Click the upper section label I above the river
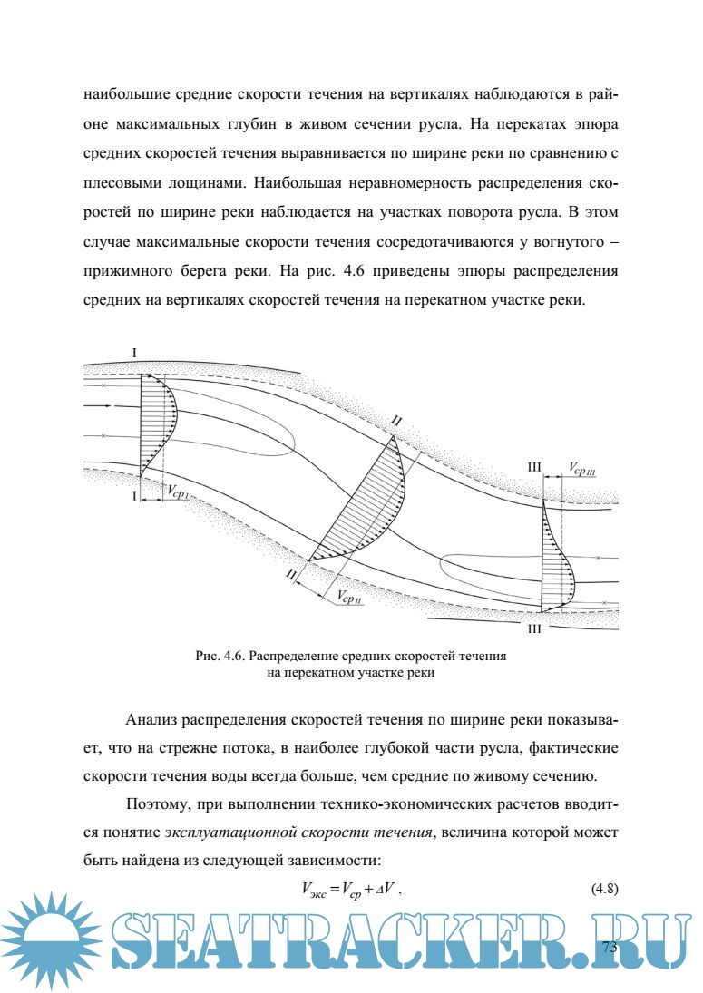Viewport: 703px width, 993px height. pyautogui.click(x=134, y=352)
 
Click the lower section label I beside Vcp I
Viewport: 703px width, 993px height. pyautogui.click(x=135, y=496)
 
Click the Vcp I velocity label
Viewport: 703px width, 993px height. pyautogui.click(x=178, y=491)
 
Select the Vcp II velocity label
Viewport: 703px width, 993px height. pyautogui.click(x=349, y=597)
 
